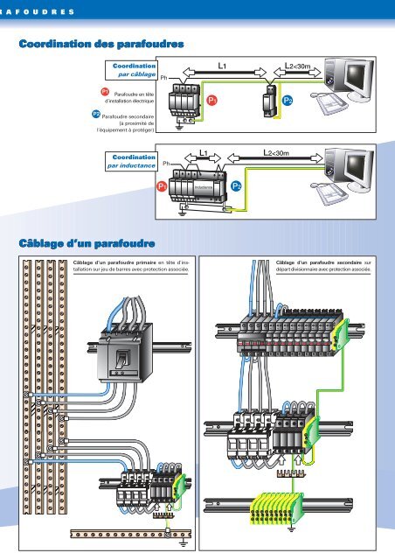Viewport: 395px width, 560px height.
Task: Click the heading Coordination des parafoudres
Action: (x=101, y=44)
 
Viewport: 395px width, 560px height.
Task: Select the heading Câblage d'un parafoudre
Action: (x=87, y=243)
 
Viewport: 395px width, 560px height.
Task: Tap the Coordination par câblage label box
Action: (x=131, y=70)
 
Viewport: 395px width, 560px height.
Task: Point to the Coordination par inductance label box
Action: (x=131, y=161)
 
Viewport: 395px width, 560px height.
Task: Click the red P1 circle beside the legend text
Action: (x=105, y=92)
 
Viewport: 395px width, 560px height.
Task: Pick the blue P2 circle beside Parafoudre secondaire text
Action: (x=96, y=115)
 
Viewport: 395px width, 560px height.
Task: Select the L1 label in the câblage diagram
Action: (x=222, y=66)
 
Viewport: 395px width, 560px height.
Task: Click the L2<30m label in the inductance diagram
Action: (x=276, y=153)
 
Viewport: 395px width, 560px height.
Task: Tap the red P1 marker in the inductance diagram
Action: (x=162, y=186)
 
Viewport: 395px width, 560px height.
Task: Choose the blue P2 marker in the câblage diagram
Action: (x=288, y=101)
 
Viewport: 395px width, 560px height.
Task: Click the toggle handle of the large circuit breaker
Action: (x=122, y=359)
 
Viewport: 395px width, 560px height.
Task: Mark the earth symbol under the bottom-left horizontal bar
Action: (x=184, y=544)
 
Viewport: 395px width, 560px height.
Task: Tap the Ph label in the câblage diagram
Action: (x=163, y=78)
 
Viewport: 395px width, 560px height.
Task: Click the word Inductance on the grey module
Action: (x=204, y=187)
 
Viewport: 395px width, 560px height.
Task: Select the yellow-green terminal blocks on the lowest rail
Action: (x=276, y=507)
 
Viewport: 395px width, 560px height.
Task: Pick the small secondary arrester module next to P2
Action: (x=270, y=101)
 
